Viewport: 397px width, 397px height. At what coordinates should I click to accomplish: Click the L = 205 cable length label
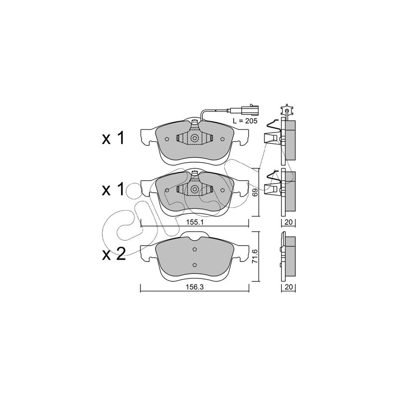point(245,121)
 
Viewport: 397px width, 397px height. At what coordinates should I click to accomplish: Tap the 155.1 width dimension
point(195,222)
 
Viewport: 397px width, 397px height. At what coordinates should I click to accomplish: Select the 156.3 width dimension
point(195,287)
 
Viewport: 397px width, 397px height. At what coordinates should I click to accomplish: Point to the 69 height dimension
point(255,193)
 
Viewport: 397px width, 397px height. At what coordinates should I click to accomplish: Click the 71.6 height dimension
point(255,256)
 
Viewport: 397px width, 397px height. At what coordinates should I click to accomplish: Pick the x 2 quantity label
point(114,254)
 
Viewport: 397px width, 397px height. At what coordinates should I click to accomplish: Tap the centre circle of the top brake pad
point(195,138)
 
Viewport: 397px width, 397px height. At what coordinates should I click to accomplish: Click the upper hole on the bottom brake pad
point(195,250)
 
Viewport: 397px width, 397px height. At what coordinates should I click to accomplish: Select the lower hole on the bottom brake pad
point(195,265)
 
